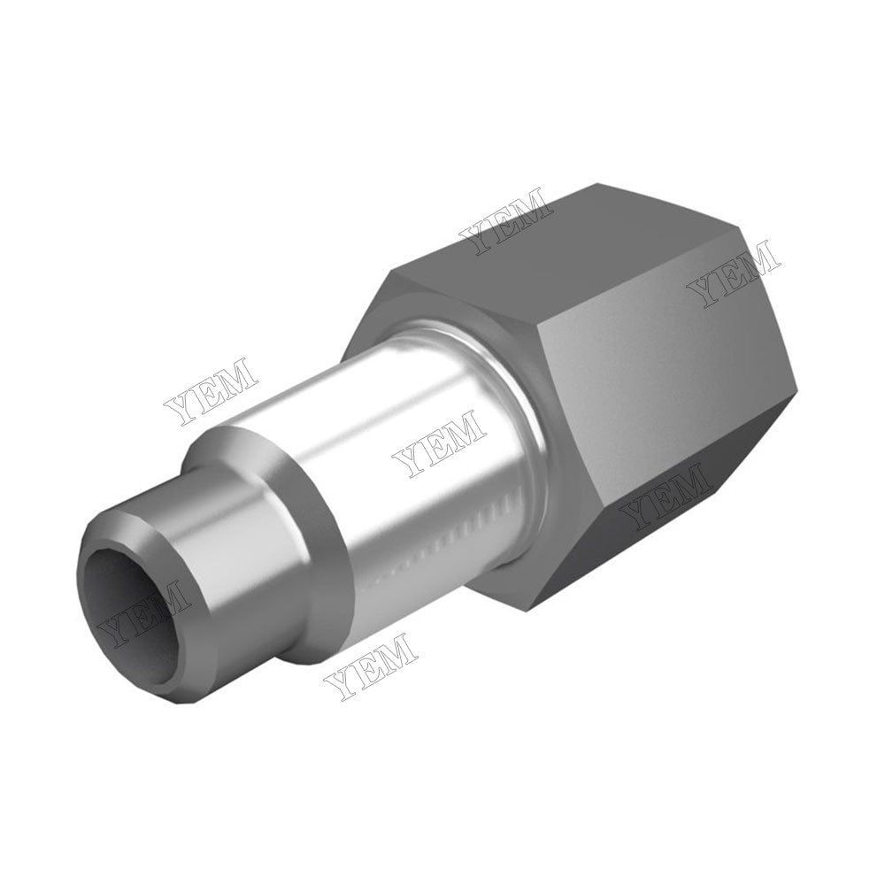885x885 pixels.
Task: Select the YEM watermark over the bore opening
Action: tap(144, 611)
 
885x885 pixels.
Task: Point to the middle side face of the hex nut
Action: tap(655, 372)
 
